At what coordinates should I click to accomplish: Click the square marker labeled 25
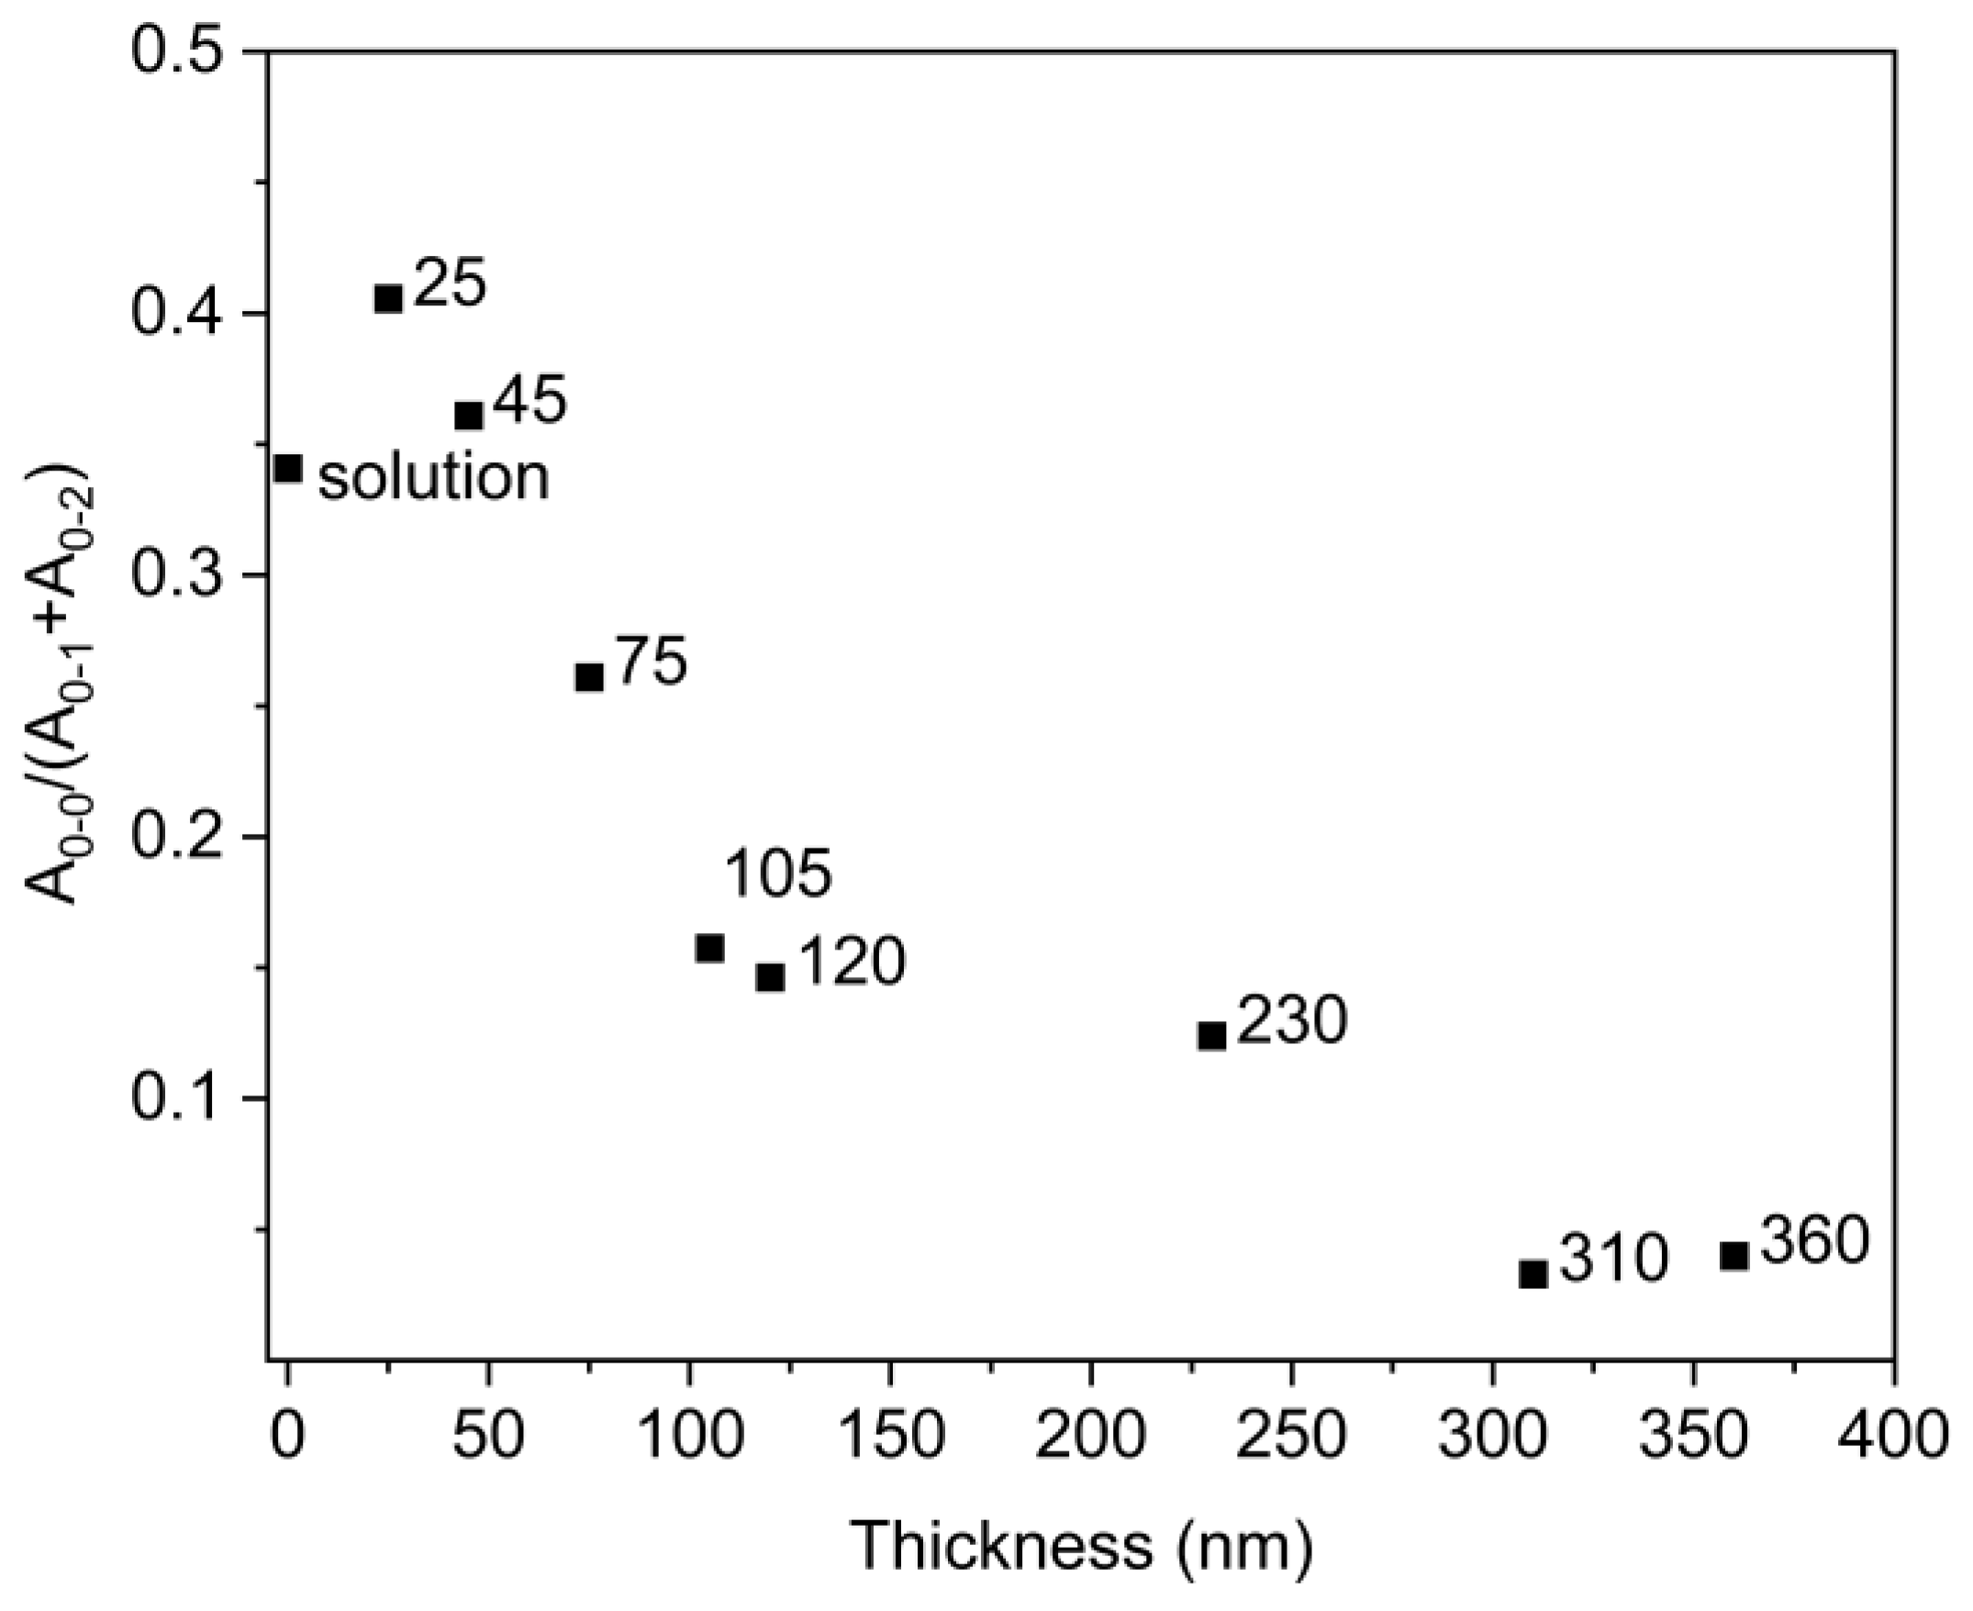click(x=388, y=299)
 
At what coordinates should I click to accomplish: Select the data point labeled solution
click(x=289, y=469)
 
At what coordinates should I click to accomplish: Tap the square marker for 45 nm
click(x=469, y=416)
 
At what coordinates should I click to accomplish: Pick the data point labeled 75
click(x=589, y=677)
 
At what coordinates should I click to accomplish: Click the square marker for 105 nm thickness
click(x=710, y=949)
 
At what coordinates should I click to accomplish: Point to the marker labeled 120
click(x=770, y=977)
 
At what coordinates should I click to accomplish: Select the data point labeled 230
click(x=1212, y=1036)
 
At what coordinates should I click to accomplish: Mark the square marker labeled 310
click(x=1533, y=1274)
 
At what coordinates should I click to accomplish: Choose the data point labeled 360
click(x=1733, y=1257)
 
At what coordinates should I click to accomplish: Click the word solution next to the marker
click(x=434, y=477)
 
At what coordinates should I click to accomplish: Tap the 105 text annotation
click(x=777, y=874)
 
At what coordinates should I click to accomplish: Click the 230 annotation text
click(x=1291, y=1021)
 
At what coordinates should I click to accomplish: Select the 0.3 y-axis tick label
click(x=180, y=576)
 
